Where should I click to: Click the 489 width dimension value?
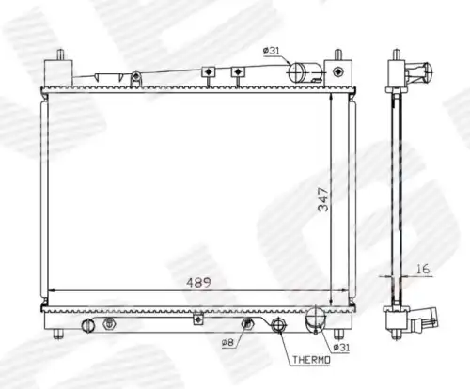[198, 283]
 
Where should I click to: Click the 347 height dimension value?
[323, 199]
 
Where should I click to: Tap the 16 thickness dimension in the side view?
[423, 269]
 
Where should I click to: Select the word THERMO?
[311, 360]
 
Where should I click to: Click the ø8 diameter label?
[227, 343]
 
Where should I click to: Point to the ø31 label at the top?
[272, 51]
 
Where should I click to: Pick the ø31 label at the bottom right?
[341, 347]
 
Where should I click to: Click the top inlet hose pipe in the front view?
[305, 72]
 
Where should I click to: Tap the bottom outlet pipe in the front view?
[316, 319]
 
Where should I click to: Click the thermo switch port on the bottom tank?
[278, 325]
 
